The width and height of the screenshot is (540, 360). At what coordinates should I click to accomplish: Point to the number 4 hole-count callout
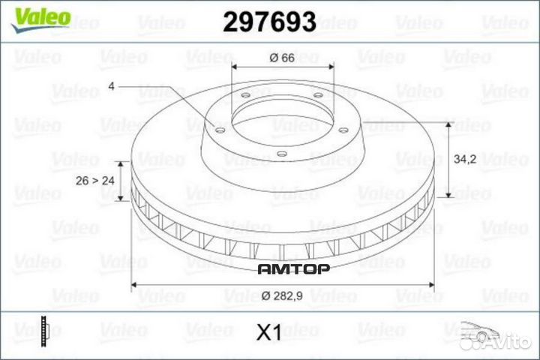pyautogui.click(x=111, y=87)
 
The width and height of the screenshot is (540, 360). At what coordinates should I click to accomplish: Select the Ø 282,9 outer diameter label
pyautogui.click(x=283, y=298)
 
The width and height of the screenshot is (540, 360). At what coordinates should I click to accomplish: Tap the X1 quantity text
pyautogui.click(x=268, y=332)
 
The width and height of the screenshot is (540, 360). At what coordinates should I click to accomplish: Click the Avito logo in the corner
pyautogui.click(x=507, y=343)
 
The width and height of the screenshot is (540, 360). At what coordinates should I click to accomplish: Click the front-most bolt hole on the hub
pyautogui.click(x=280, y=155)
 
